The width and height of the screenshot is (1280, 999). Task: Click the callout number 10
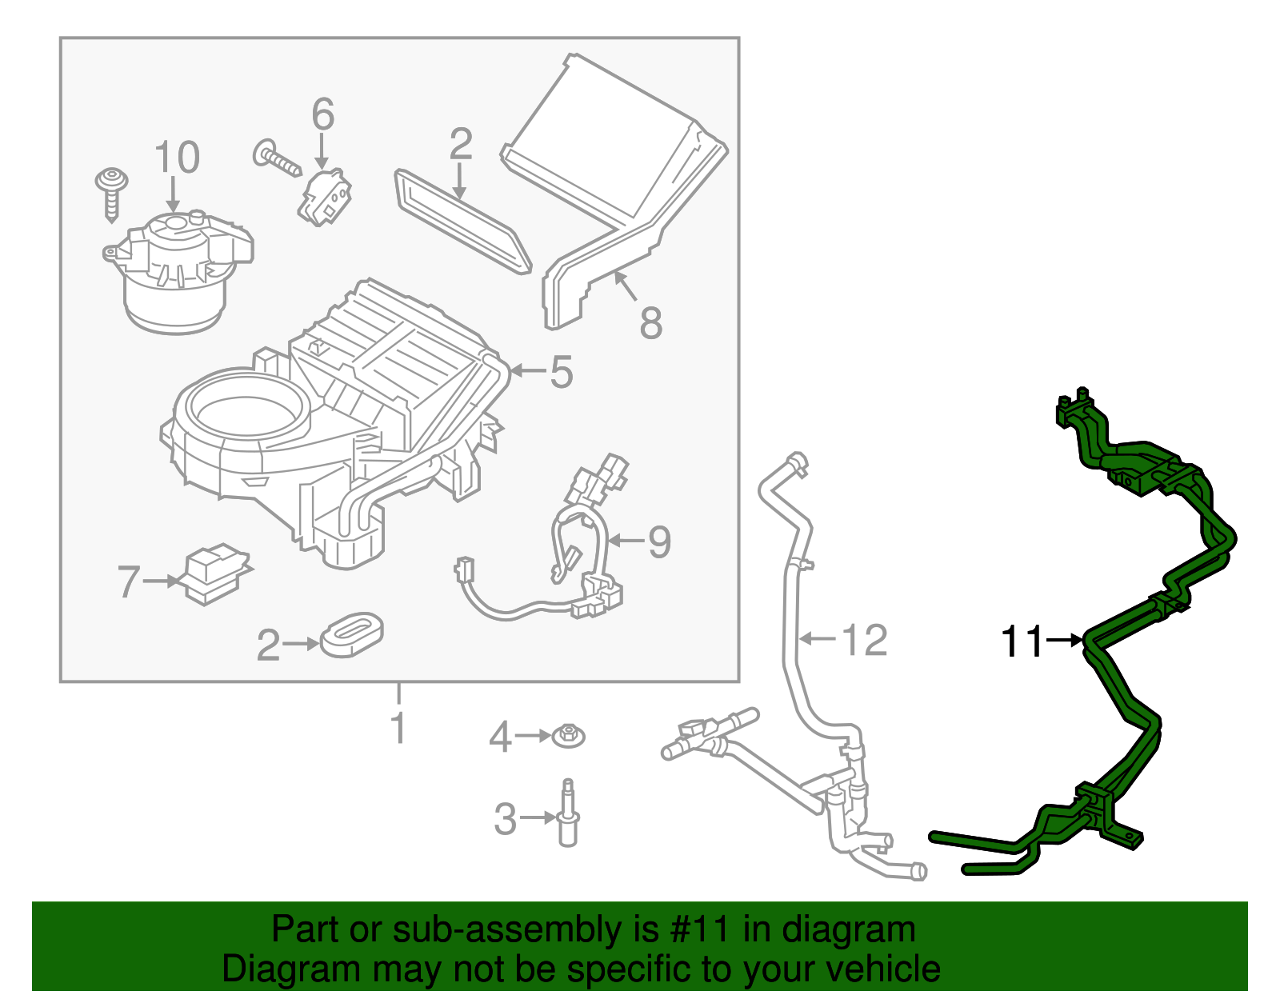coord(177,158)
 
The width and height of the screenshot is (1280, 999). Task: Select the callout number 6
coord(322,115)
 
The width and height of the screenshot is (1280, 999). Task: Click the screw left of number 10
coord(111,193)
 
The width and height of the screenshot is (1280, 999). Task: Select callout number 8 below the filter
coord(651,323)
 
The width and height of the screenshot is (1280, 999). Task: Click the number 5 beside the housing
coord(562,373)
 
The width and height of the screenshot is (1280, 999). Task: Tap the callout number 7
coord(129,581)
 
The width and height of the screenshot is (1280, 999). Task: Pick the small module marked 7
coord(213,573)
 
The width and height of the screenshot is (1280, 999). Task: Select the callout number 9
coord(659,542)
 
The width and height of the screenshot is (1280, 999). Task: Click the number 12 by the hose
coord(865,641)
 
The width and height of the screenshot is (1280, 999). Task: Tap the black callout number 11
coord(1022,642)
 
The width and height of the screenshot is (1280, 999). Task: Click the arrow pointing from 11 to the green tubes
coord(1064,641)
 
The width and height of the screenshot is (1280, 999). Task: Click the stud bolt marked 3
coord(568,813)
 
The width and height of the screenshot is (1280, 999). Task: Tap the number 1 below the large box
coord(398,729)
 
